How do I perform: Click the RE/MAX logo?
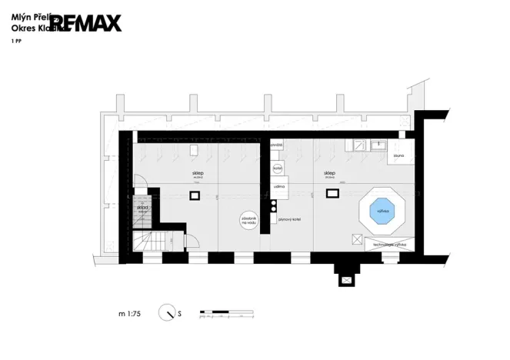85,23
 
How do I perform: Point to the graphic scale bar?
225,313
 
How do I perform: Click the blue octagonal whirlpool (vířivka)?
381,210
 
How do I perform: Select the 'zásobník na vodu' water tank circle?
249,220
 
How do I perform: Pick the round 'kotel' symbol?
279,168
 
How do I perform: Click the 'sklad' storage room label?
142,208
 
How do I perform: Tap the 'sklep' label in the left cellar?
198,174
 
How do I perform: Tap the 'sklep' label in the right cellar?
329,174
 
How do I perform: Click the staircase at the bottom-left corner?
145,243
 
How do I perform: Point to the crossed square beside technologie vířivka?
356,239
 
